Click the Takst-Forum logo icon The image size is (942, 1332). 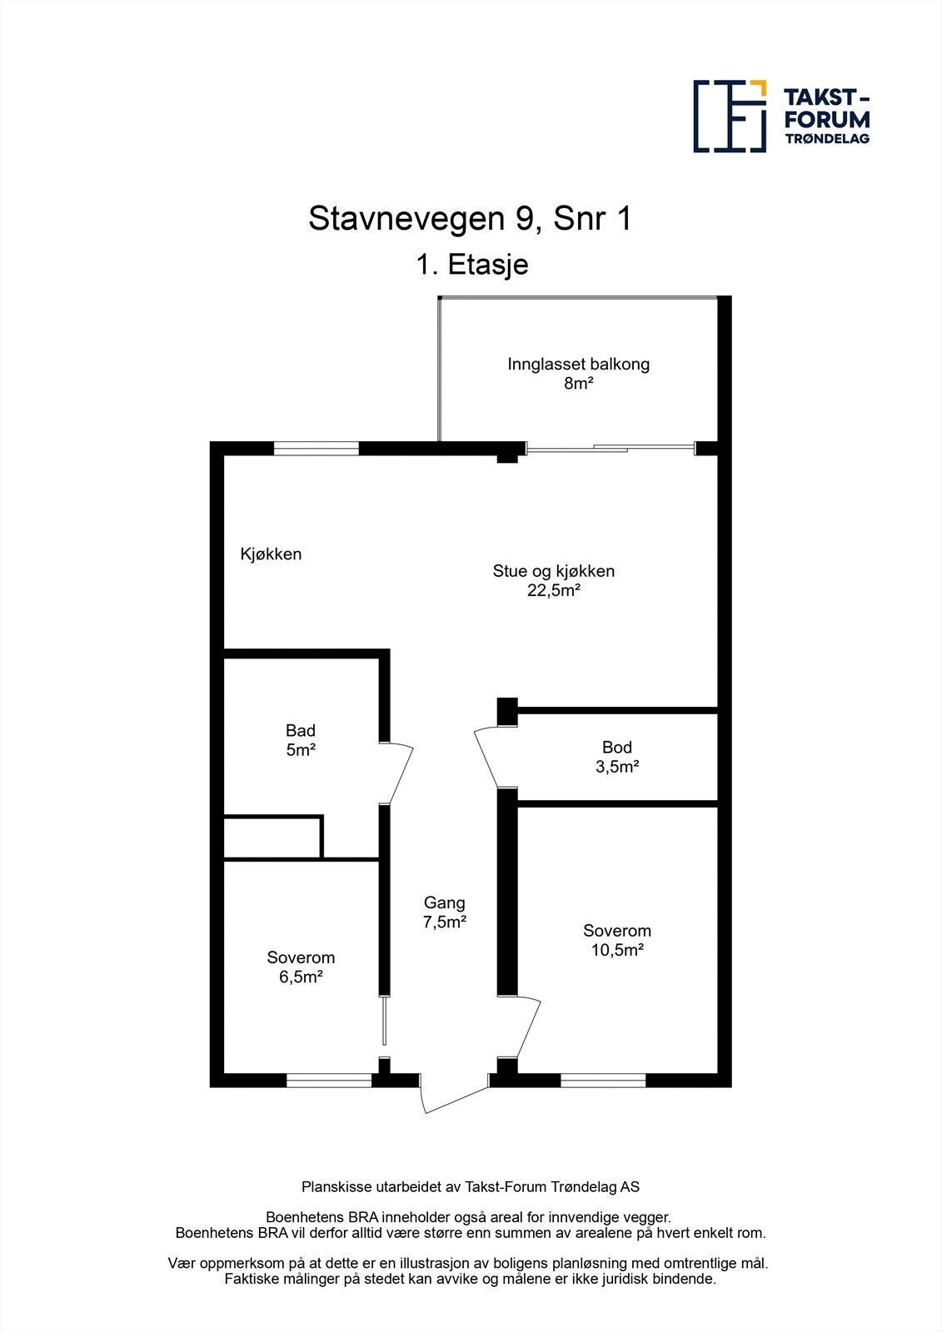[730, 116]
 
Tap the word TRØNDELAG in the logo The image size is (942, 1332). [827, 138]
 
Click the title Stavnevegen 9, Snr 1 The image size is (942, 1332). [470, 219]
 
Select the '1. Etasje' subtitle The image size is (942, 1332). [472, 265]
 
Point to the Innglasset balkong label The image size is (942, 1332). [578, 364]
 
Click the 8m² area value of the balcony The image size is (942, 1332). [578, 384]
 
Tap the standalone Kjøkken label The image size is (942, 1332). [271, 554]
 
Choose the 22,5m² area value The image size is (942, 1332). [553, 590]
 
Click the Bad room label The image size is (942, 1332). [301, 730]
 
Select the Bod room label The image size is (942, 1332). [617, 747]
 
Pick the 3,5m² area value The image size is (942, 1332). [617, 767]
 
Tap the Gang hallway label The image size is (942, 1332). [445, 902]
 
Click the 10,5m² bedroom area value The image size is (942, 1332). [617, 950]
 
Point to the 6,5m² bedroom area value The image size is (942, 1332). [301, 977]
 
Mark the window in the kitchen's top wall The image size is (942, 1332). [316, 449]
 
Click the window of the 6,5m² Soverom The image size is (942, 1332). [329, 1080]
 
